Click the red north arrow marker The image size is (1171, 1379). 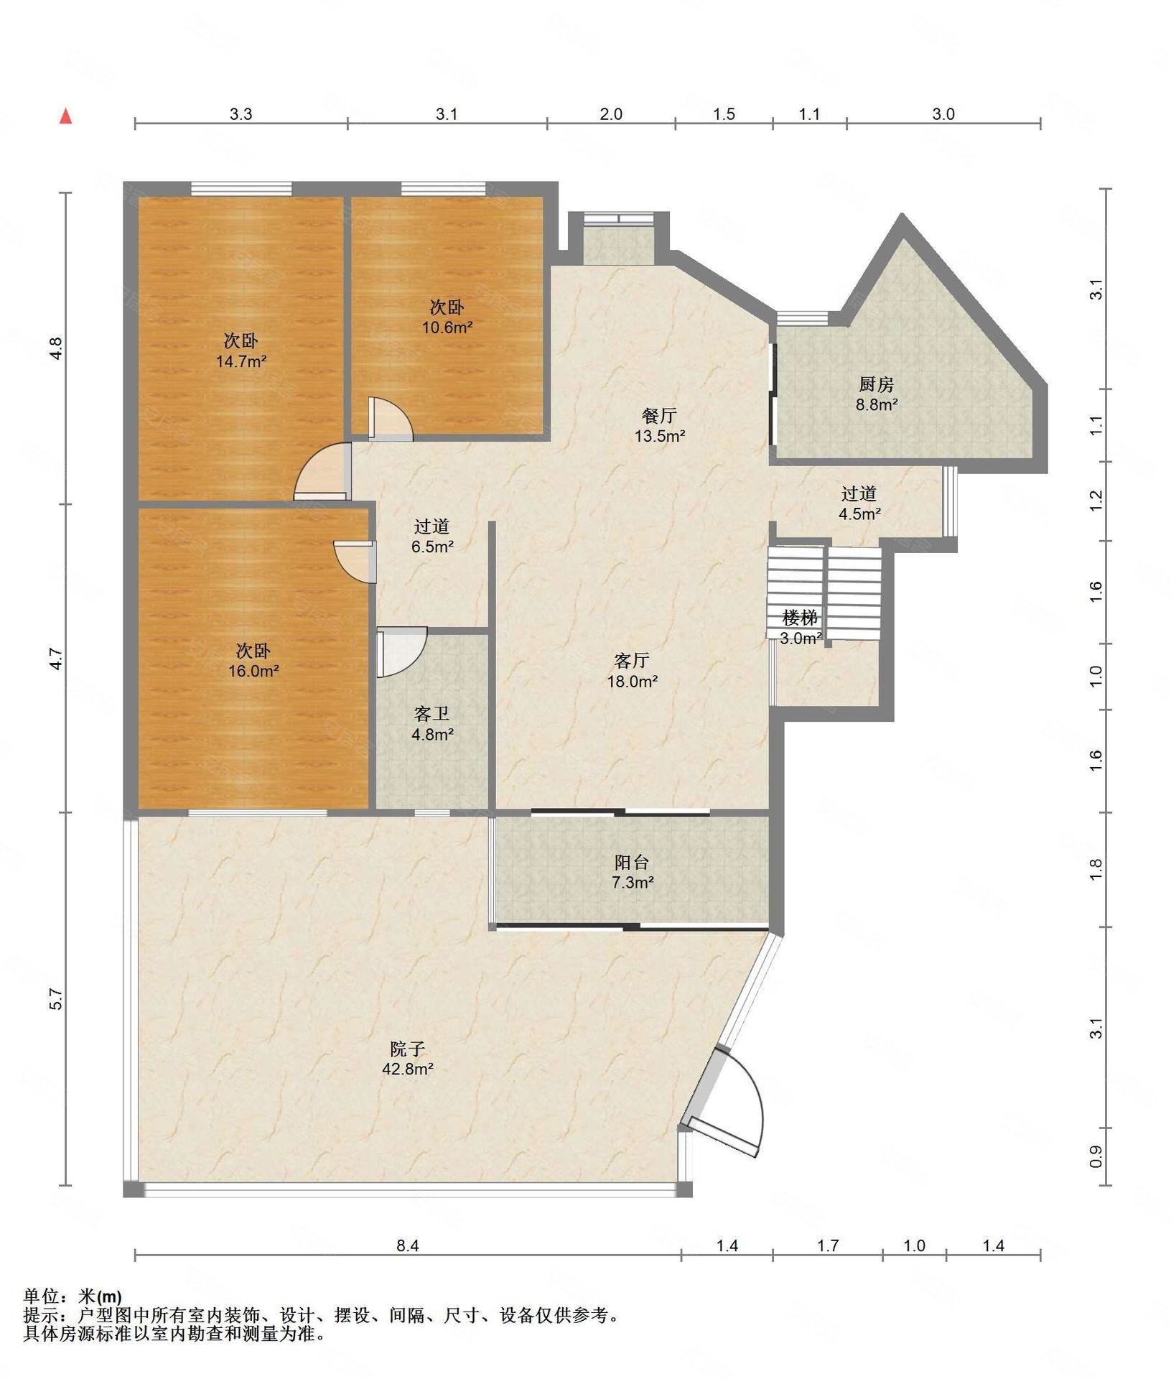(x=65, y=116)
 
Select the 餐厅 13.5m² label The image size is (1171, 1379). (x=659, y=425)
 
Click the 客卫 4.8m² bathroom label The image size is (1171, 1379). (x=431, y=724)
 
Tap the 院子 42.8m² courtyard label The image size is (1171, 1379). (x=407, y=1059)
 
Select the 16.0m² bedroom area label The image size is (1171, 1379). (x=253, y=672)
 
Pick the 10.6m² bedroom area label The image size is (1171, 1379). (x=447, y=328)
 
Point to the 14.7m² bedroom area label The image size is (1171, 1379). (x=241, y=361)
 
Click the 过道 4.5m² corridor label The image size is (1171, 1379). (x=859, y=503)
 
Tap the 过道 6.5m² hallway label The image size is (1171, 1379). (x=431, y=537)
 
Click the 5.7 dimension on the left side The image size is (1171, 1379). (x=56, y=999)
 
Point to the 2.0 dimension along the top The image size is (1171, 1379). (x=611, y=113)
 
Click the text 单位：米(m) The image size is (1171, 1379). (x=73, y=1296)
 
